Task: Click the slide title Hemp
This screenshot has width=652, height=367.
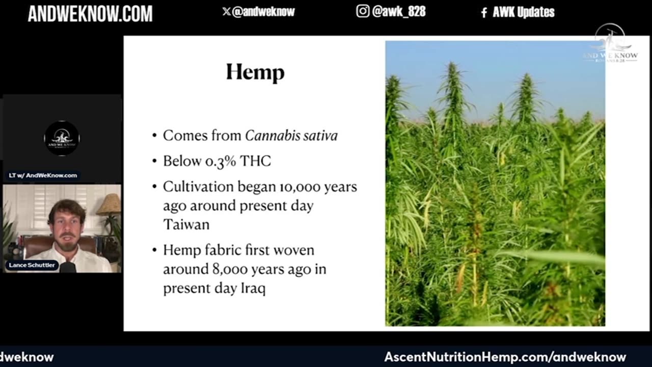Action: (x=255, y=72)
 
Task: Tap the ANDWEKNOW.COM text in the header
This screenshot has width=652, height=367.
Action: (x=90, y=13)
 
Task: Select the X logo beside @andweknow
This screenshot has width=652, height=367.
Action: (x=226, y=12)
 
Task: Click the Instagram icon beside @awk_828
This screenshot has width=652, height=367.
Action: (x=363, y=11)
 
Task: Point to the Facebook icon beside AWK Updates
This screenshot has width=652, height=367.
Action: (x=484, y=13)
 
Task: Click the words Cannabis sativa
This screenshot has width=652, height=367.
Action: (x=291, y=136)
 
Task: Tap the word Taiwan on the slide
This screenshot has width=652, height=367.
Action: (x=186, y=225)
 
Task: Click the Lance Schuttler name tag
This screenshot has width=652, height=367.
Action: (x=32, y=265)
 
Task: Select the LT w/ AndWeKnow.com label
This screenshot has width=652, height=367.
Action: (x=43, y=175)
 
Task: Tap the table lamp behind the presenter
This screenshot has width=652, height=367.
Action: (x=108, y=205)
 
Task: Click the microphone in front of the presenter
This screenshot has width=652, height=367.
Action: (x=68, y=267)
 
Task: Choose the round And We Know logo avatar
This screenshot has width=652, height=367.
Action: (x=62, y=138)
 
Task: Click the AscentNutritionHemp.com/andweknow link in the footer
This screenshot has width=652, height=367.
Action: (x=505, y=357)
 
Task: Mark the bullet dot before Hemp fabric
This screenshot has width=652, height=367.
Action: (x=154, y=251)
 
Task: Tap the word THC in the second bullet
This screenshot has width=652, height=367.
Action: (x=255, y=161)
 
